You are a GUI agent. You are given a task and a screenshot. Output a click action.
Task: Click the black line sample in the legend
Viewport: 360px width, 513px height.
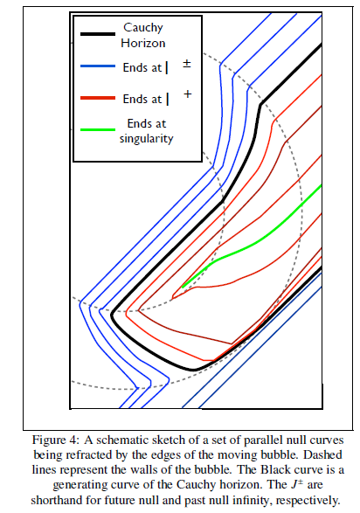pyautogui.click(x=98, y=34)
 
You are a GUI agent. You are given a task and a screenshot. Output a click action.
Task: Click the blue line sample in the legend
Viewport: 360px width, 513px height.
pyautogui.click(x=98, y=66)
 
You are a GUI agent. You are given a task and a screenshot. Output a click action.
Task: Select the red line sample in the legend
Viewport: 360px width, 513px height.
pyautogui.click(x=98, y=98)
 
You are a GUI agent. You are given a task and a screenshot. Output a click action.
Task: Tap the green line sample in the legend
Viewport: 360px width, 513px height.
pyautogui.click(x=98, y=129)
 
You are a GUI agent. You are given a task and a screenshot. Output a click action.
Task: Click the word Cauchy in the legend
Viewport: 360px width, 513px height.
pyautogui.click(x=143, y=28)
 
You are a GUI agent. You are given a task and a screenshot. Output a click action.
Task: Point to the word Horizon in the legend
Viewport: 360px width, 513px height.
pyautogui.click(x=143, y=43)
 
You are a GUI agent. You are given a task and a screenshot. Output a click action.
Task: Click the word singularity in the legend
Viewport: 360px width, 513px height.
pyautogui.click(x=146, y=139)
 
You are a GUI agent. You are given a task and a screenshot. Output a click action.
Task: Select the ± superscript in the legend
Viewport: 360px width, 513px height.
pyautogui.click(x=187, y=64)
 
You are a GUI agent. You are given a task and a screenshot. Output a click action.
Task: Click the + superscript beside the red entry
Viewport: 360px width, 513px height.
pyautogui.click(x=187, y=94)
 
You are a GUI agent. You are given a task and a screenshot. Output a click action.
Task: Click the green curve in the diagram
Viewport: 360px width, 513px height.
pyautogui.click(x=252, y=242)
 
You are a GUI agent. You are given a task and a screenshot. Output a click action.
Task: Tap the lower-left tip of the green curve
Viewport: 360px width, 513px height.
pyautogui.click(x=183, y=287)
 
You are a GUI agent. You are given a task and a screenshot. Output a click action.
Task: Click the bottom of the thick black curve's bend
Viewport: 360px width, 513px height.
pyautogui.click(x=194, y=370)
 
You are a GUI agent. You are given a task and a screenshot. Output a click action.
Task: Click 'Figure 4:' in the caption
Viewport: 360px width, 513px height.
pyautogui.click(x=56, y=440)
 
